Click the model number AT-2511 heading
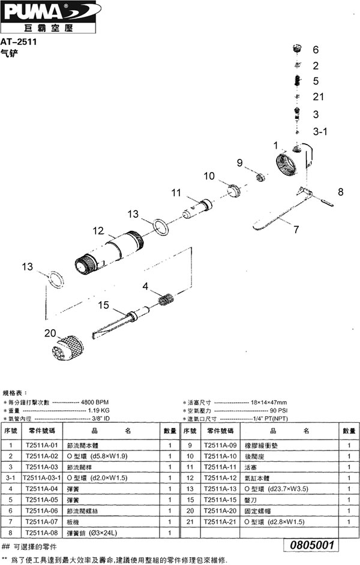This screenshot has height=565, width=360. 22,42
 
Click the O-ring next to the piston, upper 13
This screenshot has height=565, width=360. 160,227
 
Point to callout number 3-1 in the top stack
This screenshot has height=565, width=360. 319,131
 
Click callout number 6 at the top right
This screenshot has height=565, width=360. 316,50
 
